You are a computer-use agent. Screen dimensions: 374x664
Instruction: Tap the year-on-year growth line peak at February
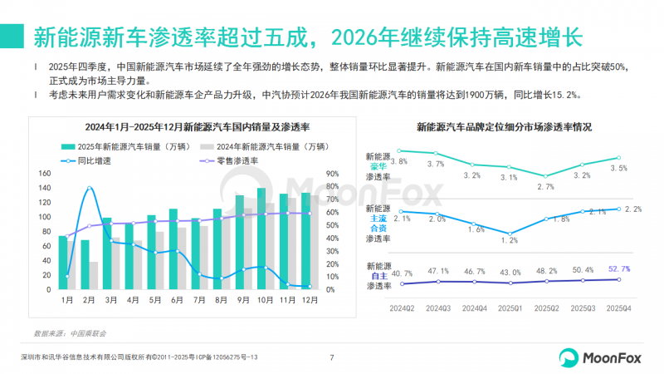[x=90, y=188]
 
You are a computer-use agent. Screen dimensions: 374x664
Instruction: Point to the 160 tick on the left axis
[x=46, y=174]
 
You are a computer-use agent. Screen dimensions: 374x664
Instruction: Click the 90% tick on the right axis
[x=330, y=174]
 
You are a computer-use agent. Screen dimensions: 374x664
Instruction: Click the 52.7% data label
[x=618, y=268]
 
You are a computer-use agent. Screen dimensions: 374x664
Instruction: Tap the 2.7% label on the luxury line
[x=545, y=186]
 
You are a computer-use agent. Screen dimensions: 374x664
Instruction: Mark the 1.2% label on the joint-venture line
[x=509, y=240]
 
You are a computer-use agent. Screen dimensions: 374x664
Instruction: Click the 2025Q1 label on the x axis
[x=510, y=308]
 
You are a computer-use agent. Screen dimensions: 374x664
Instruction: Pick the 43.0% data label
[x=510, y=272]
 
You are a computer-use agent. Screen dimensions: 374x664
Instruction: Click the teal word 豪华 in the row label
[x=378, y=166]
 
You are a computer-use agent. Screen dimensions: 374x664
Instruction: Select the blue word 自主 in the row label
[x=378, y=276]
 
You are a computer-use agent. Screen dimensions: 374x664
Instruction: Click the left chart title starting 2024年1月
[x=185, y=127]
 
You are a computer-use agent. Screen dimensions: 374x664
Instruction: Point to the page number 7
[x=332, y=358]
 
